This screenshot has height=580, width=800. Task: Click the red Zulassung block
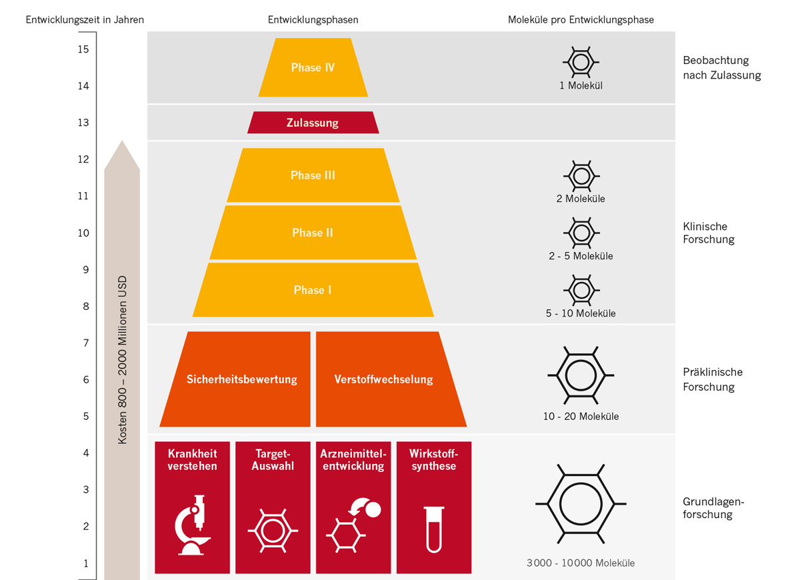coord(313,123)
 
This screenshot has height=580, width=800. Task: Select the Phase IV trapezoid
coord(313,67)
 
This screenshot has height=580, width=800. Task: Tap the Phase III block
coord(313,175)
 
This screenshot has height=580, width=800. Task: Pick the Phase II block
coord(313,233)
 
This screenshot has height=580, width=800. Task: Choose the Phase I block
coord(313,290)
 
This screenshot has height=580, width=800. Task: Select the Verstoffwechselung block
coord(384,379)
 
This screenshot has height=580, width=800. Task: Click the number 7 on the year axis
coord(85,343)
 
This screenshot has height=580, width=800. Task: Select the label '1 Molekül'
coord(581,85)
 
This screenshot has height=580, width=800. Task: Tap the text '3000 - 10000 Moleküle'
coord(581,563)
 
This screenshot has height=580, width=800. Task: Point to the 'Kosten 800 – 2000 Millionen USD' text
coord(123,360)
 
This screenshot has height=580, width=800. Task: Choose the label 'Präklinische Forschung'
coord(712,379)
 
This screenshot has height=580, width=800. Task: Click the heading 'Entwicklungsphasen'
coord(313,20)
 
